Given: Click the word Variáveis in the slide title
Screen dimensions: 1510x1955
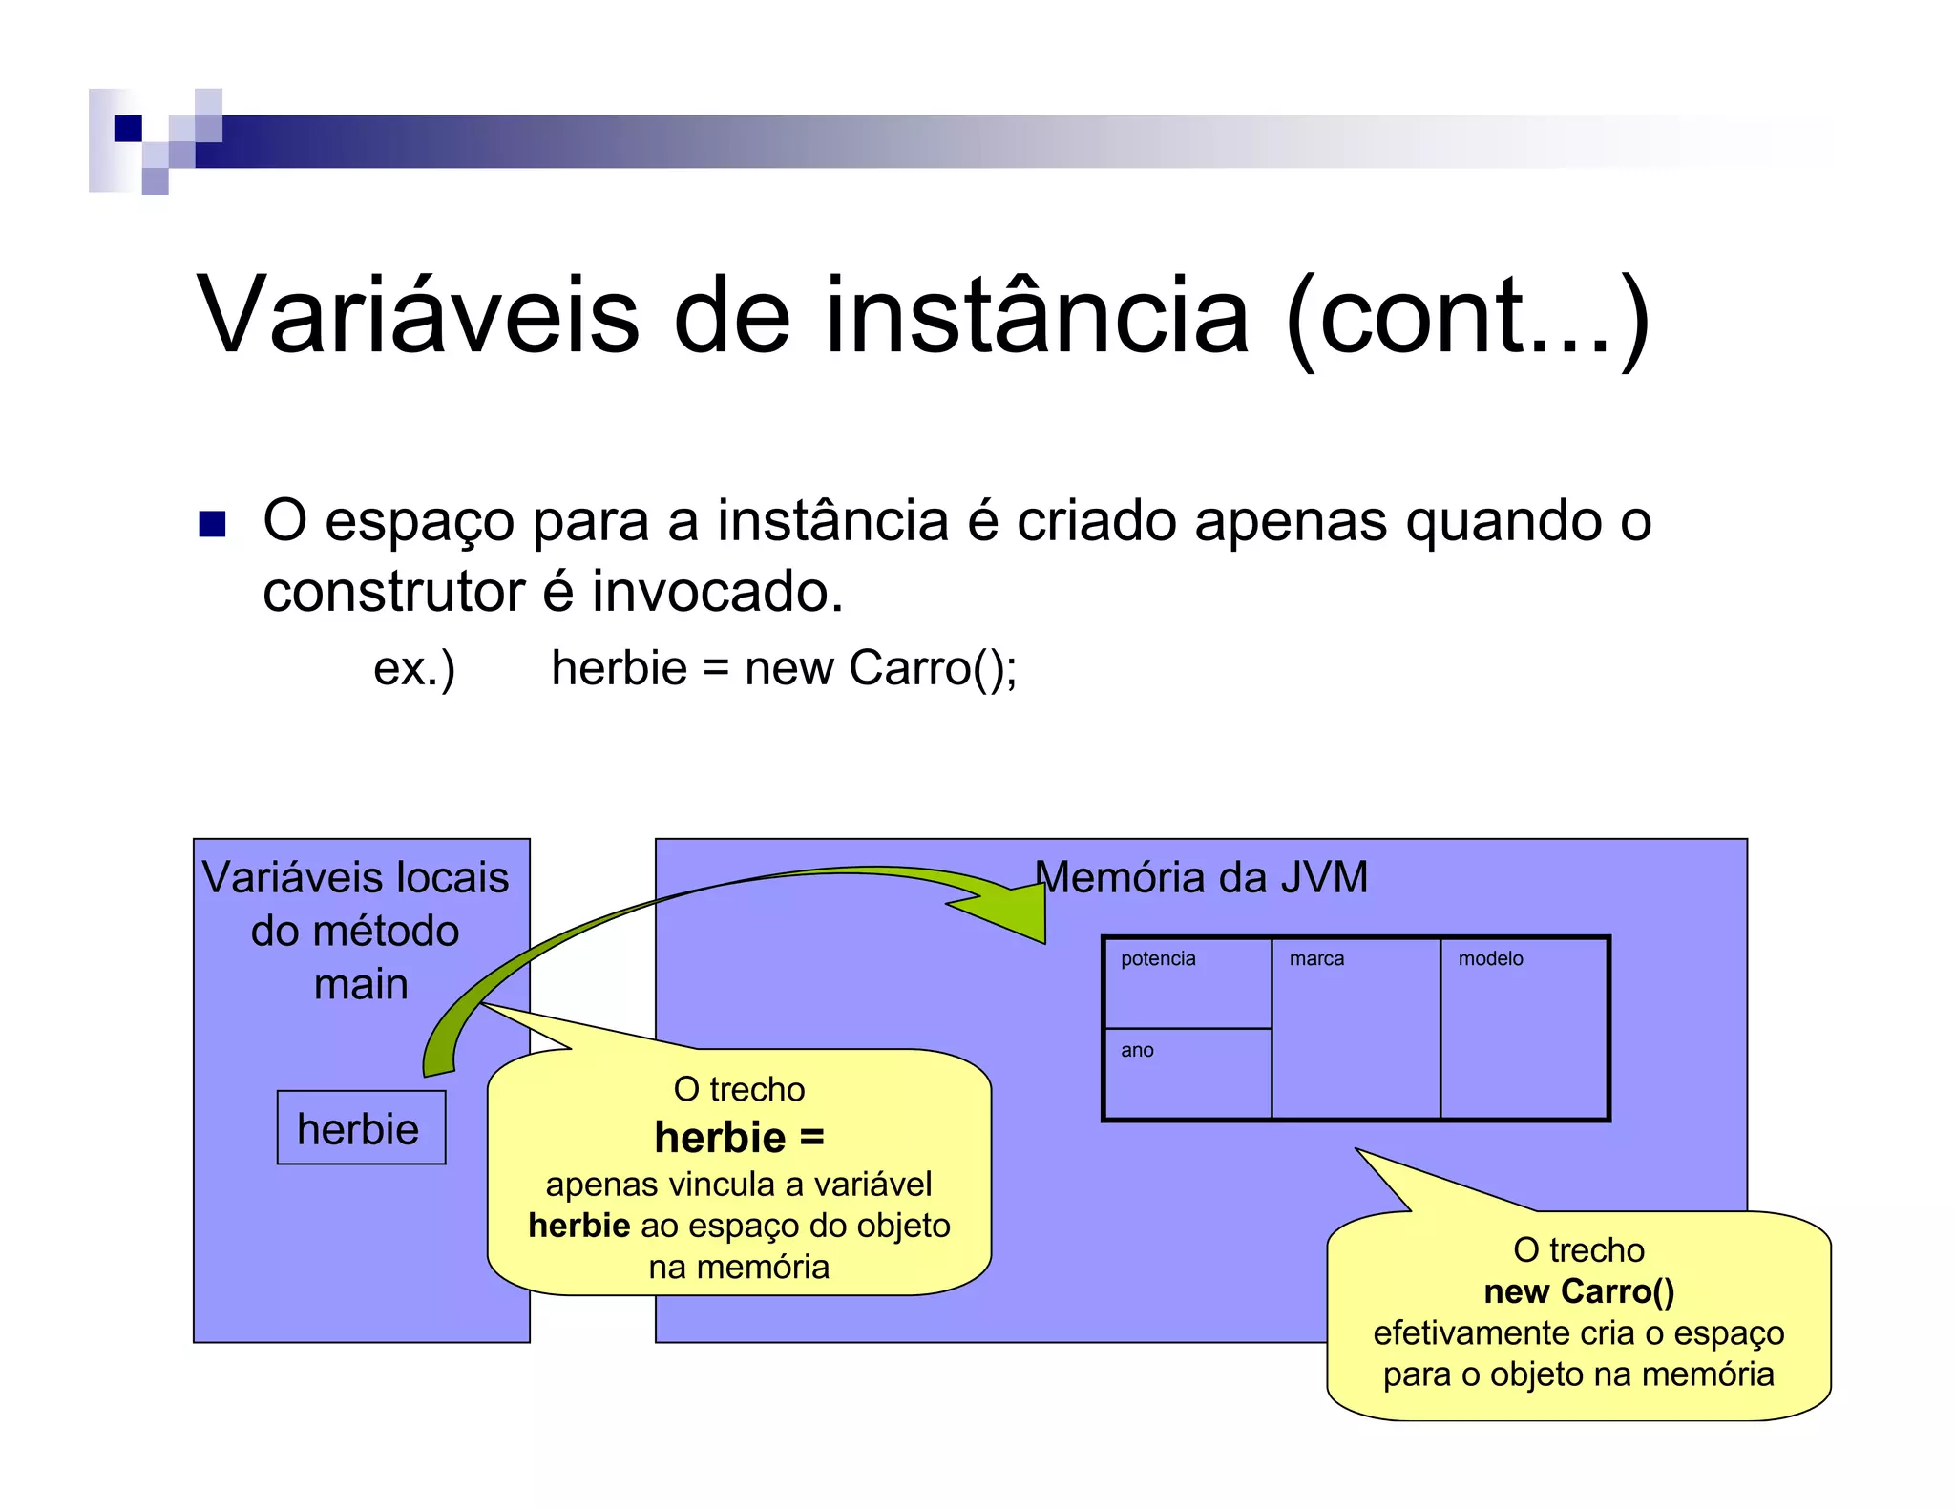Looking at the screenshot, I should point(417,315).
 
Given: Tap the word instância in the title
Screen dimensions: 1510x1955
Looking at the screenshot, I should point(1037,315).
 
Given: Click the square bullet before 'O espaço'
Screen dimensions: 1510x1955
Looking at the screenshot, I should point(212,524).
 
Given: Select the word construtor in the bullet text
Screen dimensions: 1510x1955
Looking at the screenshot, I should point(393,592).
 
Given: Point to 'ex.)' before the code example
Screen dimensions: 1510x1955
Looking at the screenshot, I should point(414,668).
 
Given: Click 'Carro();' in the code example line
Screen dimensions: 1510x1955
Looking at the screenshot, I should point(933,668).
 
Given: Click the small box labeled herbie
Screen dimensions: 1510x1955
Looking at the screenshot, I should point(361,1128).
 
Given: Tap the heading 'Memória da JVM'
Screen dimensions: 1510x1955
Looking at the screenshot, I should point(1201,877).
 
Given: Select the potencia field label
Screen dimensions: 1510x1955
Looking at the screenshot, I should point(1158,958).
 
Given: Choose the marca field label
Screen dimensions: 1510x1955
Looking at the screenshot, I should point(1316,958).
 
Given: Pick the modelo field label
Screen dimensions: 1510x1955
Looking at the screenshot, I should point(1490,958).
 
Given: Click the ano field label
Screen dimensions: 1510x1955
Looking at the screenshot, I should point(1137,1050).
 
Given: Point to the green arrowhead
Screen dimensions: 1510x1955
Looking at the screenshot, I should point(1012,911).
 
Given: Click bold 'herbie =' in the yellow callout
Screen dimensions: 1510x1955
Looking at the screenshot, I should point(739,1137).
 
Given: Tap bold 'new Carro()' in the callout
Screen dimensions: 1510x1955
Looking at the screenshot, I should point(1579,1291).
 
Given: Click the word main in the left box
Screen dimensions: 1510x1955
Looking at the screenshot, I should point(361,984).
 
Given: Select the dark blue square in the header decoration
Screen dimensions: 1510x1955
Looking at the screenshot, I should point(128,128).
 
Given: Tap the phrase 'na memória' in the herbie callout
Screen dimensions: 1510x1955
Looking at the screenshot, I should point(739,1267).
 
